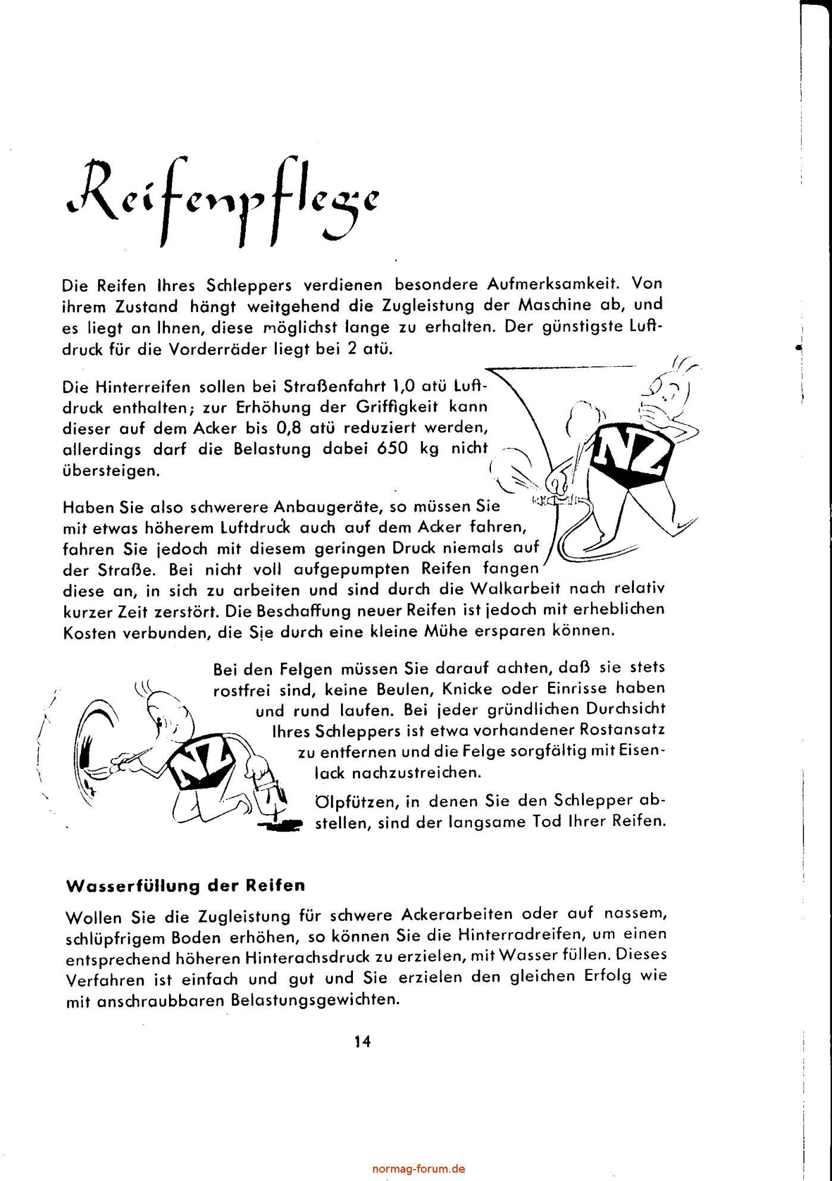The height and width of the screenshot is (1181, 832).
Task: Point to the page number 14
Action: [362, 1042]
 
